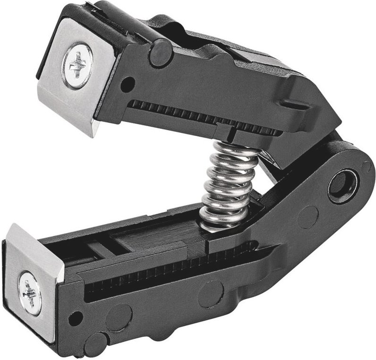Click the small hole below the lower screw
coord(72,320)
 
